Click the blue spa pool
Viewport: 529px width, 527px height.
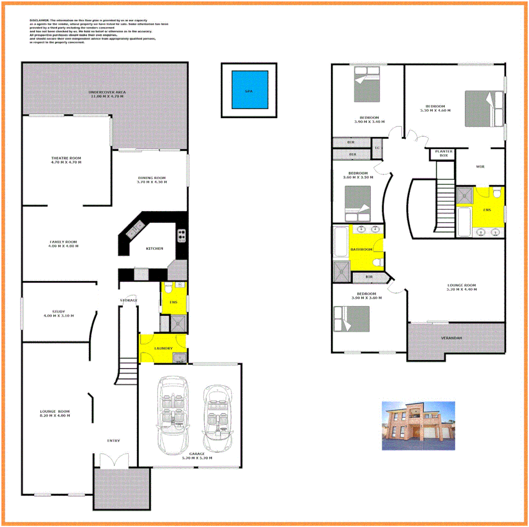pos(250,90)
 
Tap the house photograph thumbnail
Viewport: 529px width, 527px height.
pos(418,426)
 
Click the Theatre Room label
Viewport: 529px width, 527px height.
pos(66,160)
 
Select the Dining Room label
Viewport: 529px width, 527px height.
pos(152,180)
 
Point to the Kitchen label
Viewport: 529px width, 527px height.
pos(154,248)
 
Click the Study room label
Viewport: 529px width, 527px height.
pos(59,313)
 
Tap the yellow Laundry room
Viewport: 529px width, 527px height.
pos(163,348)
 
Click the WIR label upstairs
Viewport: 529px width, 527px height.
pos(480,167)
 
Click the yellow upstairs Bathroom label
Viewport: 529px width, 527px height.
pos(361,249)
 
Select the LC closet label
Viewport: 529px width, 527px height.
pos(377,148)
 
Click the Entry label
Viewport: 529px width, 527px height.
pos(113,441)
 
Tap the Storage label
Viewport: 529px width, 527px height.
pos(129,300)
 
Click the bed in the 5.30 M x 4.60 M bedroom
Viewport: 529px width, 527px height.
pos(483,108)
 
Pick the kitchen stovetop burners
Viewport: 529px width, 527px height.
pos(182,236)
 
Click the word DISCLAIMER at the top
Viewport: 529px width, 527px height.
pos(39,20)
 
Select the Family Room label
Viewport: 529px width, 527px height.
pos(63,243)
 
